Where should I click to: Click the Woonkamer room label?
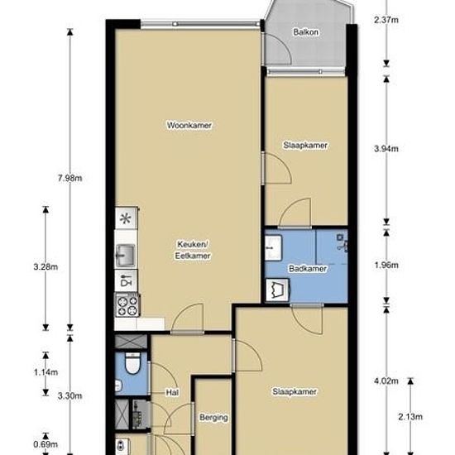pyautogui.click(x=189, y=125)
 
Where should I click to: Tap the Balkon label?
pyautogui.click(x=305, y=32)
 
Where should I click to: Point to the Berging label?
pyautogui.click(x=213, y=418)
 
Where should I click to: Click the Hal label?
pyautogui.click(x=172, y=392)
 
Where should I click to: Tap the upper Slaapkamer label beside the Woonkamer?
pyautogui.click(x=306, y=145)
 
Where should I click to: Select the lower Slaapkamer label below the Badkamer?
pyautogui.click(x=295, y=391)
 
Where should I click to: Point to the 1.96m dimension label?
pyautogui.click(x=386, y=266)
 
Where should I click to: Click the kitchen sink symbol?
pyautogui.click(x=126, y=251)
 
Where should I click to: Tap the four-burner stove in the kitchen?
pyautogui.click(x=127, y=307)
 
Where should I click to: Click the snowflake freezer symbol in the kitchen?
pyautogui.click(x=126, y=219)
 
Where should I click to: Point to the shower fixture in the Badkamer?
pyautogui.click(x=342, y=241)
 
